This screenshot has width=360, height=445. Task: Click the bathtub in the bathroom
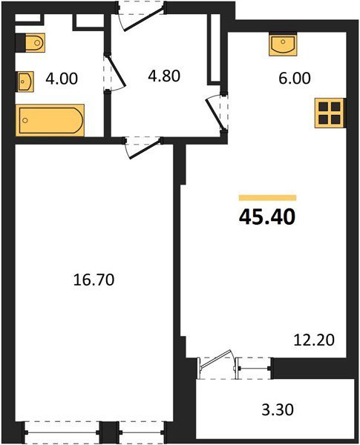50,120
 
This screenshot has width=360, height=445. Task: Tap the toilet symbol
30,43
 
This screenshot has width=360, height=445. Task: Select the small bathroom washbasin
26,82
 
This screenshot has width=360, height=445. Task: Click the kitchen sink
283,45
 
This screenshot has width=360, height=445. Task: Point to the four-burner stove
330,113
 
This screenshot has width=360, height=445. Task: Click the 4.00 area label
62,79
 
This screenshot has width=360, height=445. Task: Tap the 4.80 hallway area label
164,76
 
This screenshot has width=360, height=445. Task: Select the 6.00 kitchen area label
295,79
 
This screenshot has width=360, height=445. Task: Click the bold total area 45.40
267,217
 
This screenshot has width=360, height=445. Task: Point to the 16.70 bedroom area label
94,280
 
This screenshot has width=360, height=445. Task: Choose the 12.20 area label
314,340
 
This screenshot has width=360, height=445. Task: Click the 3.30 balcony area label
278,410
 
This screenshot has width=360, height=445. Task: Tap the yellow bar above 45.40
267,198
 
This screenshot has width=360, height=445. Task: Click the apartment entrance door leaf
144,20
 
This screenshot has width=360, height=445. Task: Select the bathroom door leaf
116,70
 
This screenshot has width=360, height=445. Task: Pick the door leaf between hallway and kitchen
215,113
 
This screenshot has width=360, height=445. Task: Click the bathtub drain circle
25,120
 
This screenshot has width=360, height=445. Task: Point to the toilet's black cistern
20,43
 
